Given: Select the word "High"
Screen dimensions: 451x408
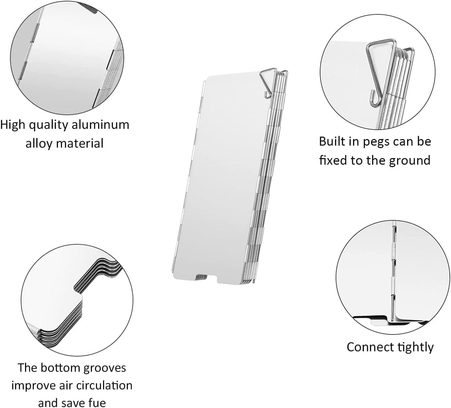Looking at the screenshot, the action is [x=13, y=125].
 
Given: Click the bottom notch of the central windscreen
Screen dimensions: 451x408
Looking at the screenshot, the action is [x=207, y=278].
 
